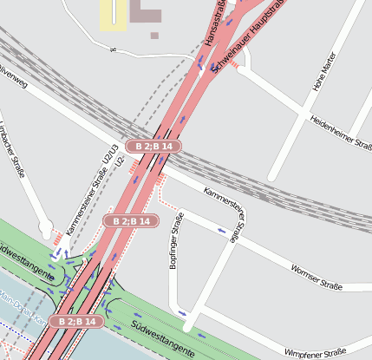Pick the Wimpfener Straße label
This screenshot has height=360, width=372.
[x=316, y=351]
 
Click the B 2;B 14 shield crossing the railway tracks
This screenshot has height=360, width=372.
[x=153, y=147]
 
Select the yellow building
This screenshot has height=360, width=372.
[x=112, y=14]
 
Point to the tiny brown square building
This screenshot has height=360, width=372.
[x=154, y=36]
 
